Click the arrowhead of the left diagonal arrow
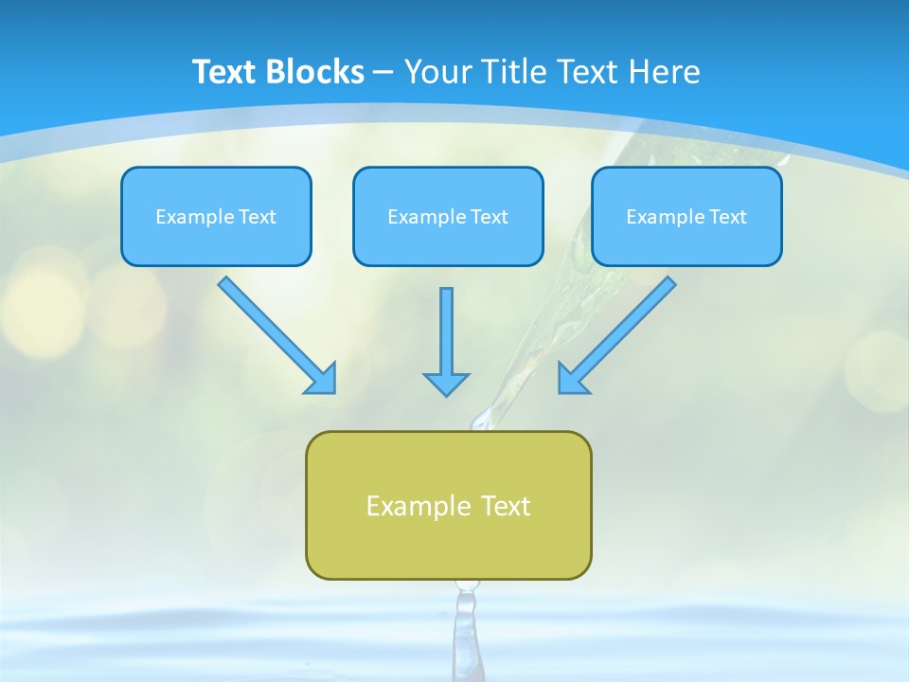tap(322, 379)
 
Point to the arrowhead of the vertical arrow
tap(446, 384)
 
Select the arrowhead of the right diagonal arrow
tap(572, 379)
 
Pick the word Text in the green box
tap(506, 506)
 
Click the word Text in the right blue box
tap(727, 217)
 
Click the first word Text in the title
tap(226, 72)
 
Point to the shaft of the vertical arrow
tap(446, 327)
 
